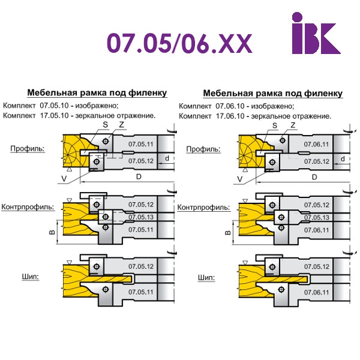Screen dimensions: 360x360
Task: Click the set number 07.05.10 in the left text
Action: (55, 106)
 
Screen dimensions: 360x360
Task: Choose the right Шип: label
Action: (206, 278)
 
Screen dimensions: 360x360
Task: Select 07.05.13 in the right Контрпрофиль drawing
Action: (316, 217)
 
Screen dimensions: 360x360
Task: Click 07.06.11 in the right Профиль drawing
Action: (317, 145)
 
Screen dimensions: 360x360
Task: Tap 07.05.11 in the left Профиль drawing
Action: (141, 145)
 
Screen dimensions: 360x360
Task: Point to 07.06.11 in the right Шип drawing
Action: (316, 292)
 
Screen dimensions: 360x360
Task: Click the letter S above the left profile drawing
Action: (105, 124)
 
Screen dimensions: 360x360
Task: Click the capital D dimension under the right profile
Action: (314, 178)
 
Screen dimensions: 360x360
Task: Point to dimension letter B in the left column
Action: (52, 230)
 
